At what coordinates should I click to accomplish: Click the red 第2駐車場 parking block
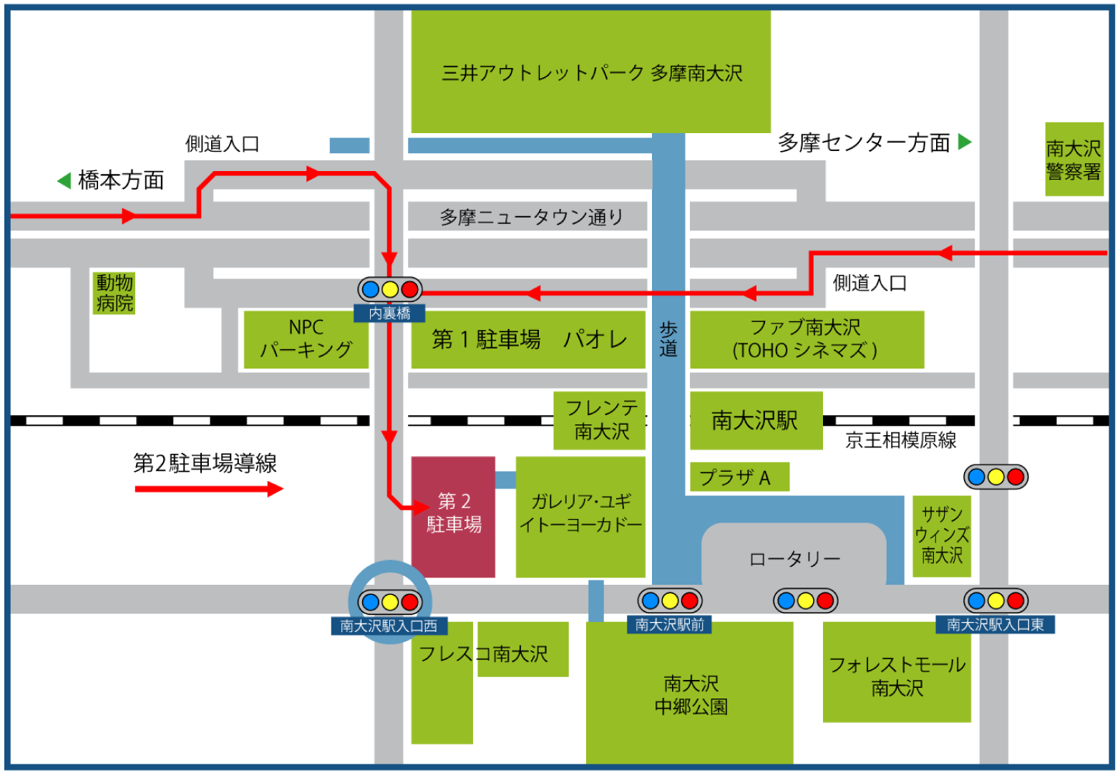453,516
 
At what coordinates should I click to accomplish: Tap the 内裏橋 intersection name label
390,313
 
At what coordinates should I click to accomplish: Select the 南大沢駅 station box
756,420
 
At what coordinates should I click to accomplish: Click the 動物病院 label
115,293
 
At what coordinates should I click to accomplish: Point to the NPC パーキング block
306,339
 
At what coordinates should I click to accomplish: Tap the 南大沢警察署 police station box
1073,160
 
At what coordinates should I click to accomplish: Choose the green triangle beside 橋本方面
64,180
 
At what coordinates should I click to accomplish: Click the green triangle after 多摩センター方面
965,142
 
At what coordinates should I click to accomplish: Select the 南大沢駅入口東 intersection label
995,625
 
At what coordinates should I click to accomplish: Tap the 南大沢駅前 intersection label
669,625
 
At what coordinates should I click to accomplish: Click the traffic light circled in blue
390,602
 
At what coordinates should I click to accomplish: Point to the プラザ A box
739,477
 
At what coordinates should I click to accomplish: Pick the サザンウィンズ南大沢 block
942,535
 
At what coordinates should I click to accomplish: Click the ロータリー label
794,559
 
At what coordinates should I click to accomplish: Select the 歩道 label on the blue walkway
668,339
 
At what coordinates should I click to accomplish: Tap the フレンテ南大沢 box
600,420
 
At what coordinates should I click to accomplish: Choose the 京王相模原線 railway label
900,440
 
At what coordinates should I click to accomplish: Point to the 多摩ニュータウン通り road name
531,217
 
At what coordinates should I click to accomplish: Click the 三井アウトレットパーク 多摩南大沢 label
592,73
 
